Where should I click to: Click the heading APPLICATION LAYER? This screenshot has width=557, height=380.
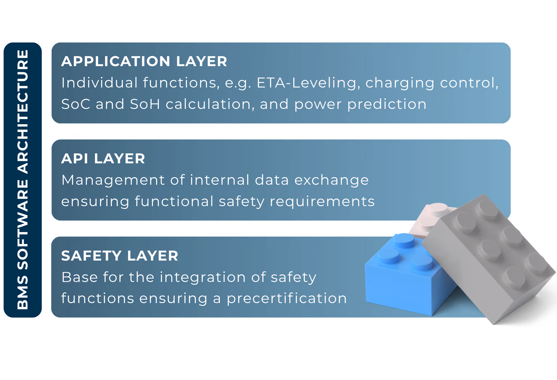point(144,61)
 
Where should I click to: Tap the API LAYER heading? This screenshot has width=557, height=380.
point(103,159)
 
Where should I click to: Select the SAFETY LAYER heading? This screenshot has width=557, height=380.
point(120,256)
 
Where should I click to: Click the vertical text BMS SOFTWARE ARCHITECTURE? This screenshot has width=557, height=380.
point(23,180)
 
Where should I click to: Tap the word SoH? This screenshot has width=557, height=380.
point(145,104)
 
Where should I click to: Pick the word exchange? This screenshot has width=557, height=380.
point(331,180)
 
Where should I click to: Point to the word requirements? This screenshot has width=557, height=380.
point(322,202)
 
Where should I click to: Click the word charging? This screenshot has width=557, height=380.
point(400,83)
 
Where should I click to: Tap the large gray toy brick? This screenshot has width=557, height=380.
point(489,258)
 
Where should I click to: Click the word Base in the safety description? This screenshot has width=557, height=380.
point(79,277)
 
